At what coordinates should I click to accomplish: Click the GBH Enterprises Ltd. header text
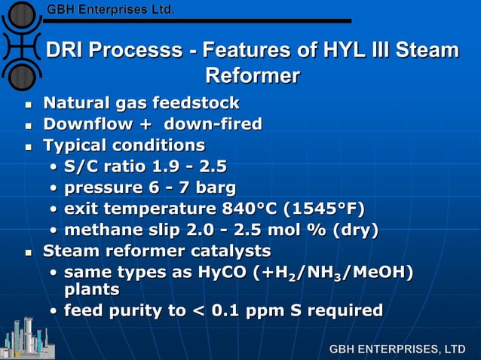click(x=110, y=10)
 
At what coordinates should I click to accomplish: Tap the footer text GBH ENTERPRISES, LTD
click(x=397, y=349)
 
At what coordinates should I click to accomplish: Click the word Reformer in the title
click(x=253, y=76)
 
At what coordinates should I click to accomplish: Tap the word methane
click(x=99, y=229)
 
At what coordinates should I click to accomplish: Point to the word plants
click(x=91, y=289)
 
